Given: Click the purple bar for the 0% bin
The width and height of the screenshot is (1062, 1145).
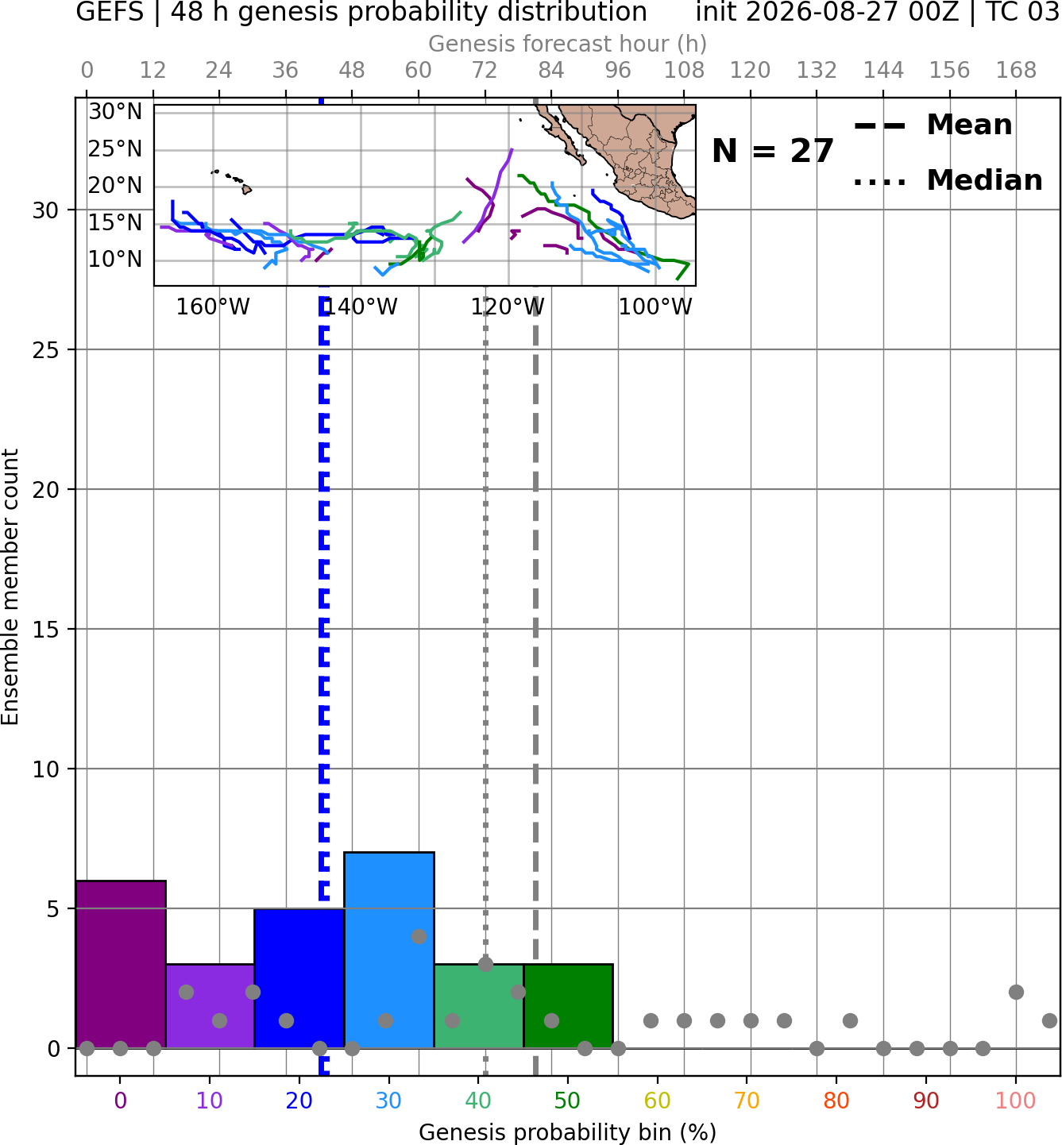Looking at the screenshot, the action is coord(121,964).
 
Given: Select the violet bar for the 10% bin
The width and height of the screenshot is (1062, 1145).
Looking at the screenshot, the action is coord(210,1006).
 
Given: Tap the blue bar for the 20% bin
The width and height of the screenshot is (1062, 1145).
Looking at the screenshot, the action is coord(299,978).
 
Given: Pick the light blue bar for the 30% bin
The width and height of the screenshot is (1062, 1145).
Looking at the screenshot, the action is coord(389,950).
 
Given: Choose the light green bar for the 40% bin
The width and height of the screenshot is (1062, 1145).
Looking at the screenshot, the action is coord(479,1006).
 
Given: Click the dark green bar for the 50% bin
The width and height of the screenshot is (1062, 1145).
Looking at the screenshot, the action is coord(568,1006).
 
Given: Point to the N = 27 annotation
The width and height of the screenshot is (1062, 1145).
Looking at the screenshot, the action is coord(773,151).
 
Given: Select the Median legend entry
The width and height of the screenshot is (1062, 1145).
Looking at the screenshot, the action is coord(948,180).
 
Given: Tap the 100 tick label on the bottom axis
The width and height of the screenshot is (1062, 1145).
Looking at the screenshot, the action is coord(1015,1101).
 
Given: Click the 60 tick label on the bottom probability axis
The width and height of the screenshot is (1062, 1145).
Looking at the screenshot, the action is coord(657,1101).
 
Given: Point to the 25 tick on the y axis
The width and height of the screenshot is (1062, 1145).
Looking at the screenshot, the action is coord(46,350).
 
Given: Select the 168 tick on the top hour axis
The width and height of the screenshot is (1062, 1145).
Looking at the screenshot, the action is coord(1016,71).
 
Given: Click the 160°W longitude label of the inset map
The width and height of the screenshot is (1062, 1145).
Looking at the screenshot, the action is coord(213,307).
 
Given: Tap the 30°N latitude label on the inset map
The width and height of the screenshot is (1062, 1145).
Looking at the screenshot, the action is coord(115,112).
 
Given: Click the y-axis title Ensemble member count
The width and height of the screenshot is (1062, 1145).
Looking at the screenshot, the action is coord(10,587).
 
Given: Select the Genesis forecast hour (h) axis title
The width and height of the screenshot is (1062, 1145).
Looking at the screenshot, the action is coord(568,44).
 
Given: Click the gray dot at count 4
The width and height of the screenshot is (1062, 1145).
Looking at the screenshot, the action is coord(419,936).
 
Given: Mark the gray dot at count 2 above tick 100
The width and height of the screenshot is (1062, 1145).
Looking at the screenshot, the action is coord(1016,993).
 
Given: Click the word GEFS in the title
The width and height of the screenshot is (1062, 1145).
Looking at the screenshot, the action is coord(110,12).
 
